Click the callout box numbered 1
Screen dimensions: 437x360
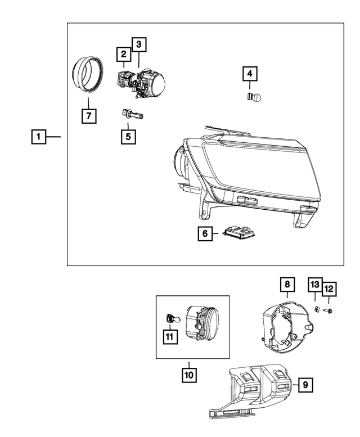tap(38, 136)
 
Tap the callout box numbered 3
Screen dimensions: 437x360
tap(138, 43)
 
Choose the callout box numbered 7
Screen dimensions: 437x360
tap(88, 116)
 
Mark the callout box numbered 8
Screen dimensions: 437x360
tap(286, 285)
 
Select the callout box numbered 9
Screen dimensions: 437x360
tap(305, 385)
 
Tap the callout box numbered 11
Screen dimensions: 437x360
tap(169, 336)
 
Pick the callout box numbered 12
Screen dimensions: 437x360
tap(328, 289)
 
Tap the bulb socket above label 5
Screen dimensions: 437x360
tap(130, 115)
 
